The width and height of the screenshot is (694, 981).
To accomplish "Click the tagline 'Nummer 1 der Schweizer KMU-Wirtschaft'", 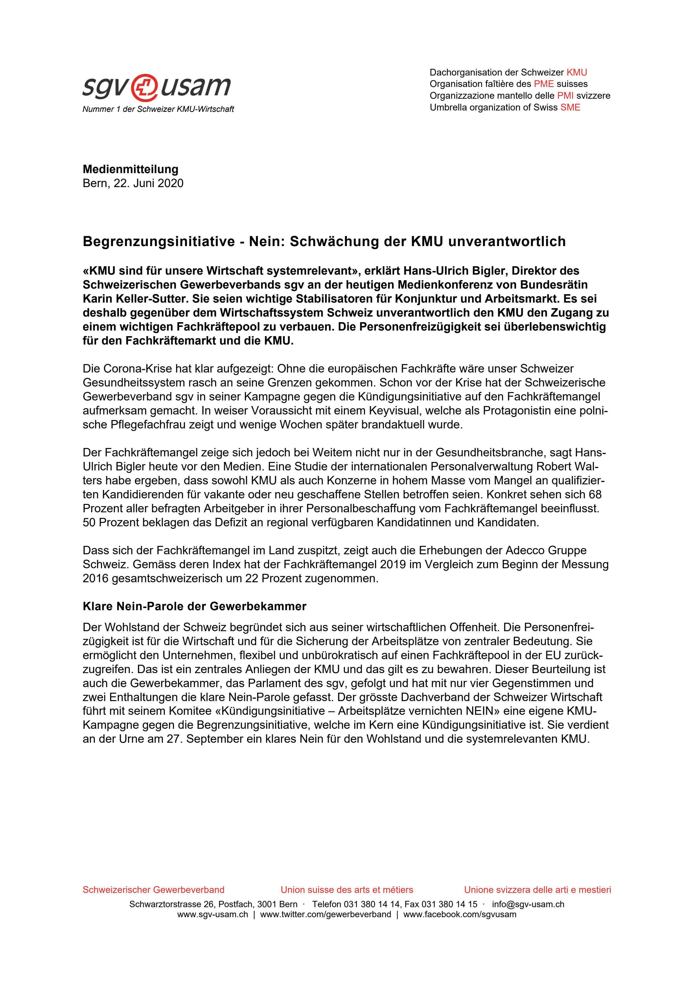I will (x=158, y=109).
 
